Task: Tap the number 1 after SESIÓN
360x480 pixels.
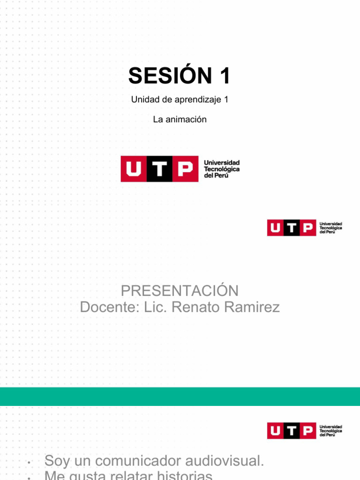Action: pos(223,76)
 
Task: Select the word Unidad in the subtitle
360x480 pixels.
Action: pos(142,100)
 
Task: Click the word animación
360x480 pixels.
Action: pos(186,120)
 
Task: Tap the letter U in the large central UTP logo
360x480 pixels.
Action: pos(134,169)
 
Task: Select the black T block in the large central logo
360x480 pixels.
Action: pos(159,169)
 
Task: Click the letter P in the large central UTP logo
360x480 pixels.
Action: pos(185,169)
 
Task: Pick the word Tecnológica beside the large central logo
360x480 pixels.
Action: pos(222,169)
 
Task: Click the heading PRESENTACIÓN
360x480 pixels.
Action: pos(180,291)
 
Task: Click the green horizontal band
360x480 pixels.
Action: pos(180,396)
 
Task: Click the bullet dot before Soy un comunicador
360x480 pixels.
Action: pos(29,464)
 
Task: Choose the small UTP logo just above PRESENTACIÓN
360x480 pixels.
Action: pos(304,228)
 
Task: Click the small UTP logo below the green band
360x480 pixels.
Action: pos(304,430)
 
